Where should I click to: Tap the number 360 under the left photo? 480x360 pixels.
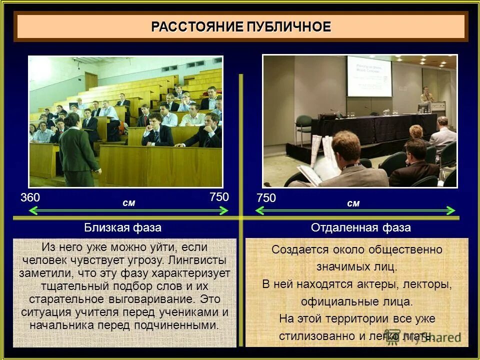pyautogui.click(x=30, y=197)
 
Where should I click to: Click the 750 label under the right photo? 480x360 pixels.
pyautogui.click(x=266, y=198)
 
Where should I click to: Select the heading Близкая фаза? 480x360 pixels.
pyautogui.click(x=122, y=228)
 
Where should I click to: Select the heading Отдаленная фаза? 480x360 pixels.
pyautogui.click(x=360, y=228)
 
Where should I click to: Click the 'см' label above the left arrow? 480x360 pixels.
pyautogui.click(x=128, y=202)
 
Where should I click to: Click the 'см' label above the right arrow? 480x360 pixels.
pyautogui.click(x=353, y=203)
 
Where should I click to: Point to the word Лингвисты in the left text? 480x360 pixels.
pyautogui.click(x=197, y=260)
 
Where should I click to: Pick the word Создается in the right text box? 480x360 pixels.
pyautogui.click(x=294, y=249)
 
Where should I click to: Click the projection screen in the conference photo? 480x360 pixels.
pyautogui.click(x=369, y=76)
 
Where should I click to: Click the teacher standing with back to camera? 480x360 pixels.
pyautogui.click(x=77, y=150)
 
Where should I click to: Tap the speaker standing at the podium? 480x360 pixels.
pyautogui.click(x=426, y=95)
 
